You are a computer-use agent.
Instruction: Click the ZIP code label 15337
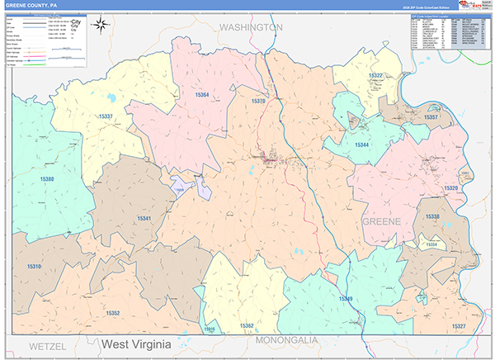(106, 117)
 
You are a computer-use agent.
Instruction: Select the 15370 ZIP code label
(257, 101)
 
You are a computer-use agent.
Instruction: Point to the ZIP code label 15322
(375, 75)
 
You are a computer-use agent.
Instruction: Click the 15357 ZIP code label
(430, 118)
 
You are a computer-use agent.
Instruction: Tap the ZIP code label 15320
(450, 188)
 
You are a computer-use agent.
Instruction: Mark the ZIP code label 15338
(432, 216)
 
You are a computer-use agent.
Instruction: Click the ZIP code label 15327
(459, 327)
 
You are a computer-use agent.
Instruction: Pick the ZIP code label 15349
(345, 298)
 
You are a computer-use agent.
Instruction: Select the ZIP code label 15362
(247, 326)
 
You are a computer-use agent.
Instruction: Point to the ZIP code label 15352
(112, 313)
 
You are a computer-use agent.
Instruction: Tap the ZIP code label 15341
(144, 218)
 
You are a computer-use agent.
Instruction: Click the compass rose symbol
(101, 24)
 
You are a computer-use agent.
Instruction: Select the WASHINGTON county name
(250, 27)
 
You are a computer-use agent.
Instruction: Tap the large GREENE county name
(380, 222)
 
